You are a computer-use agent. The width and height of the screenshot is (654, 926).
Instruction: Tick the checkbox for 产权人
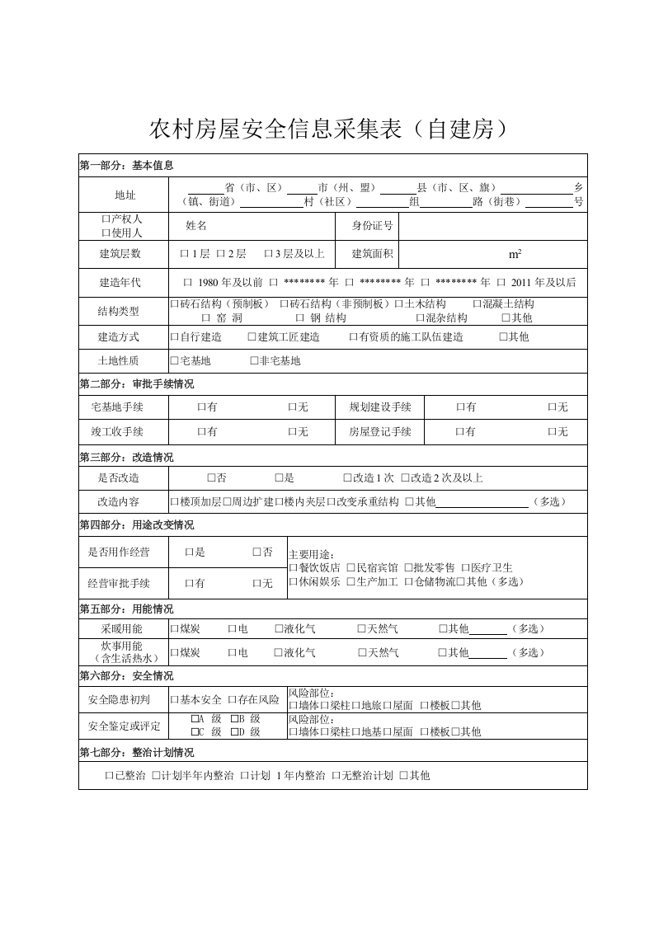105,219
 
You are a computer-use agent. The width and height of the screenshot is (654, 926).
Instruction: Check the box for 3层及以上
268,254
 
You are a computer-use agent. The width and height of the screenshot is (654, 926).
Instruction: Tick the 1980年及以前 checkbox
187,283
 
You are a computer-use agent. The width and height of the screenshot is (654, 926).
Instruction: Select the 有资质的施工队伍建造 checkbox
353,337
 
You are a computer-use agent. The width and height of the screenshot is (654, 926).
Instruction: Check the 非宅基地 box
254,361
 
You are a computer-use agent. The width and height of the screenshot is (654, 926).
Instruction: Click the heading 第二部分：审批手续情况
137,384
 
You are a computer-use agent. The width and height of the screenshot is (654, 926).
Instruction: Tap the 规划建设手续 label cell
379,407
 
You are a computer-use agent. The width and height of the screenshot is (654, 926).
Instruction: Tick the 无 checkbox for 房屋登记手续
552,432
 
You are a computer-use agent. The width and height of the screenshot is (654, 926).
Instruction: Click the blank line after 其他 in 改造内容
482,501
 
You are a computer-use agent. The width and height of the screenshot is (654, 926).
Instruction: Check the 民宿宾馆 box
351,568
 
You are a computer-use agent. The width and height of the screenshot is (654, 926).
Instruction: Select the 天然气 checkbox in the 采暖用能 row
361,629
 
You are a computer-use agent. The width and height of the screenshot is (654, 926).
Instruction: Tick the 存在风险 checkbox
233,700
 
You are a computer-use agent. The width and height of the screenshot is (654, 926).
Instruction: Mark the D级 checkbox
234,731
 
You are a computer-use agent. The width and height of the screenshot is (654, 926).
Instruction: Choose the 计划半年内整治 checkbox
156,776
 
